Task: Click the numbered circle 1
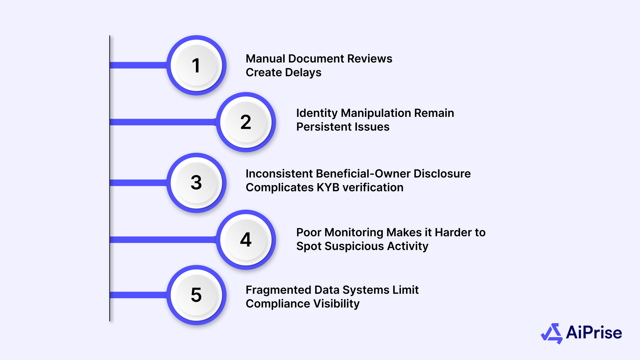(x=196, y=65)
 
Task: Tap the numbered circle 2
(x=246, y=122)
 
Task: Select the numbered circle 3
(x=196, y=182)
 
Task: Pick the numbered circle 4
(x=246, y=240)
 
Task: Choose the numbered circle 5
(x=196, y=295)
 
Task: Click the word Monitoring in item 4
(x=354, y=232)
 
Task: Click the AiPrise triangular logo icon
(x=552, y=333)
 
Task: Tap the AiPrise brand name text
(x=594, y=332)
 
